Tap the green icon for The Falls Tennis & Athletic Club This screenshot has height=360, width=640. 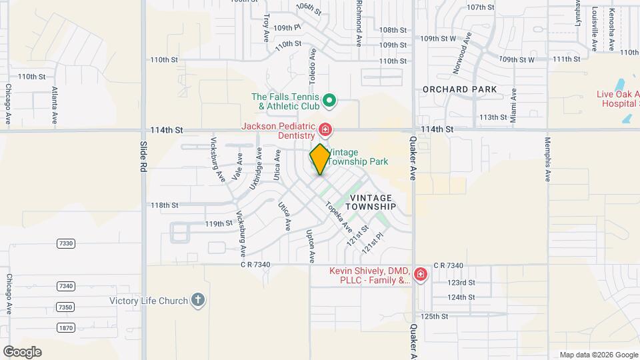(x=329, y=102)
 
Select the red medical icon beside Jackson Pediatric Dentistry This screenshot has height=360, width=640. (x=325, y=129)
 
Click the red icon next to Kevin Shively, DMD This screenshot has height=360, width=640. (x=420, y=275)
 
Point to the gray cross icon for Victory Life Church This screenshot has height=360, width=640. (x=197, y=300)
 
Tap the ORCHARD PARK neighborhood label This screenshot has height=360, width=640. (x=460, y=89)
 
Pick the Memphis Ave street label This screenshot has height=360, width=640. (x=547, y=160)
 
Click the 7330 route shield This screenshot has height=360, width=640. (x=65, y=244)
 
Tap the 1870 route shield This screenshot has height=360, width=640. (x=65, y=328)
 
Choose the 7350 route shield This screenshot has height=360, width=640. (x=65, y=307)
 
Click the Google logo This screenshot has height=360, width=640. (x=22, y=352)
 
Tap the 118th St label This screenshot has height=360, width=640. (x=164, y=205)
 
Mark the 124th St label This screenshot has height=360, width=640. (x=461, y=297)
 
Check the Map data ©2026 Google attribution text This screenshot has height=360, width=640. (x=598, y=355)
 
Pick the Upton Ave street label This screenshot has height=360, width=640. (x=310, y=246)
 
